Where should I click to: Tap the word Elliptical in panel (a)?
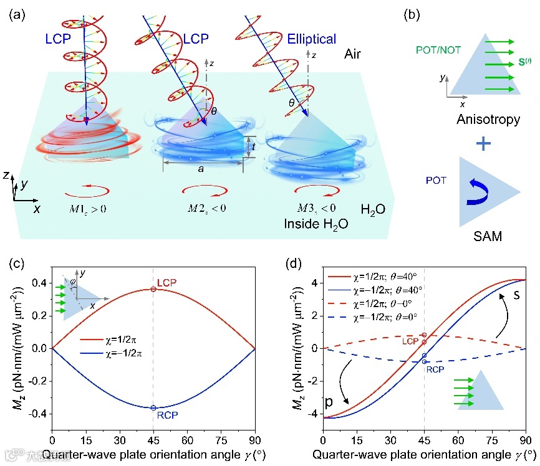311,39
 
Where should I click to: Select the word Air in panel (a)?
356,55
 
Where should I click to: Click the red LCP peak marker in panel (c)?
153,289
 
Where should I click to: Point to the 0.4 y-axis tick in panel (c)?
39,283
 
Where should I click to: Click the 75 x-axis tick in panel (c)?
221,440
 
